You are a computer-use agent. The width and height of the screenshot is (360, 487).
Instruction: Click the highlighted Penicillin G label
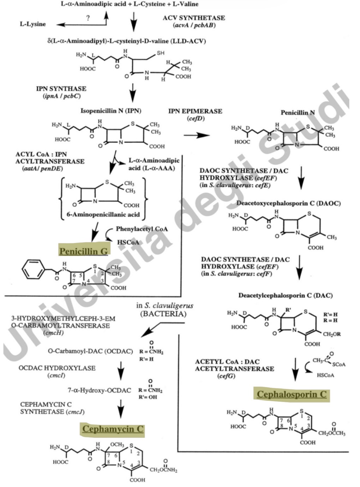[x=83, y=251]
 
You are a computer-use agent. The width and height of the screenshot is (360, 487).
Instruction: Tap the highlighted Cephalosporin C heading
[x=292, y=394]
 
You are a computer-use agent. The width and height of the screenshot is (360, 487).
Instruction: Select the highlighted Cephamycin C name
[x=113, y=429]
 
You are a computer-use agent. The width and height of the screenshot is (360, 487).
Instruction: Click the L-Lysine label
[x=32, y=24]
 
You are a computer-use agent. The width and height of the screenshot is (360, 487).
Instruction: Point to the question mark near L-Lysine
[x=88, y=18]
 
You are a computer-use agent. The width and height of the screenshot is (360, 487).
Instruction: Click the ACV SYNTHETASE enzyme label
[x=194, y=18]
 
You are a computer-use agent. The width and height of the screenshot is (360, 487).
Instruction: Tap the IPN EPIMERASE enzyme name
[x=195, y=111]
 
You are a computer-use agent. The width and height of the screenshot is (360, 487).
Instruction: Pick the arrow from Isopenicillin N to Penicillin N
[x=197, y=135]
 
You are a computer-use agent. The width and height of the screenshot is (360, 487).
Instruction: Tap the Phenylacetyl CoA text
[x=142, y=229]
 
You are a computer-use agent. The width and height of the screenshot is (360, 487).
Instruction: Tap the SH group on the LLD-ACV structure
[x=161, y=53]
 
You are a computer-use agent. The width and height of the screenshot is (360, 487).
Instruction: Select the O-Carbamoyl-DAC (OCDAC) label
[x=90, y=351]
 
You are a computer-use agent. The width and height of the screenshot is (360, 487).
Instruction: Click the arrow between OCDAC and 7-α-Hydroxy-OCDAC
[x=121, y=369]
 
